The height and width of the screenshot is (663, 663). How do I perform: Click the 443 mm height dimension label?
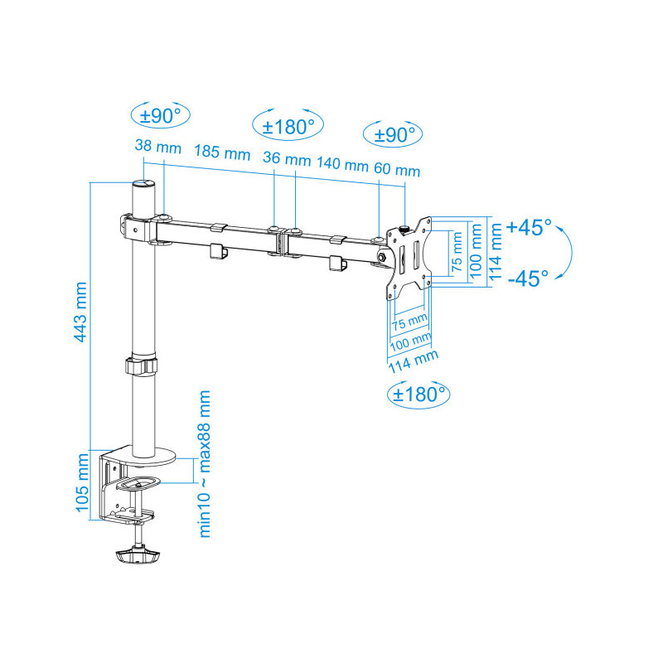click(80, 312)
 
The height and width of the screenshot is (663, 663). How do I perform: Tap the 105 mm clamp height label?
click(82, 482)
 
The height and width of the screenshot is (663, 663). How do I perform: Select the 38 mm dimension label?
click(158, 147)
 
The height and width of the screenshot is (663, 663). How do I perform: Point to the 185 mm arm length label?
click(222, 152)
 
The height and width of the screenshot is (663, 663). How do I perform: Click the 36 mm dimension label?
click(286, 158)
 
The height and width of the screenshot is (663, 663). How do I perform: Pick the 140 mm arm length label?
click(342, 163)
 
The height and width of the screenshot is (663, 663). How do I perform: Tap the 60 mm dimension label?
click(397, 169)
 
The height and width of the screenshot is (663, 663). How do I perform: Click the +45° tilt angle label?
click(529, 227)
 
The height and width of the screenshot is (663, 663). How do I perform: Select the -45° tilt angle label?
click(528, 278)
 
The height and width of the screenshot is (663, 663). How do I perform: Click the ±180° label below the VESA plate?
click(419, 394)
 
